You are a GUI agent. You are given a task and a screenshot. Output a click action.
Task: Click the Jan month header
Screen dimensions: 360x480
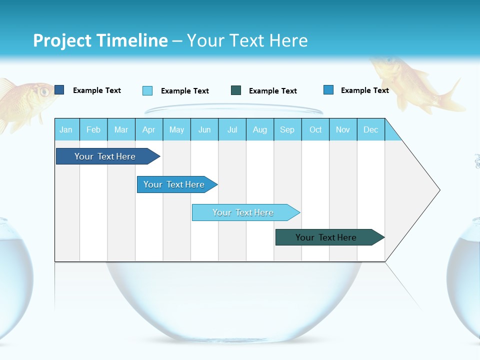[x=66, y=129]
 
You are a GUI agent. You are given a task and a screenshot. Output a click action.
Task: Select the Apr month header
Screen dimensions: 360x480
[x=148, y=129]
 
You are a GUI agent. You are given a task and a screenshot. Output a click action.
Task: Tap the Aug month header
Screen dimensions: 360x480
[x=259, y=129]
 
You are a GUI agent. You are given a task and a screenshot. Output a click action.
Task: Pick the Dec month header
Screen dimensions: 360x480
[x=370, y=129]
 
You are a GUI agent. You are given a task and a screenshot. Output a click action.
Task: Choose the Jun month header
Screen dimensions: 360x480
[x=204, y=129]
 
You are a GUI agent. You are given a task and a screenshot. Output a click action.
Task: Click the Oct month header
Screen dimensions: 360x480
[x=315, y=129]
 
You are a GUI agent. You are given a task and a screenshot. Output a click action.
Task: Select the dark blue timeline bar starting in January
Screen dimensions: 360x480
[x=105, y=156]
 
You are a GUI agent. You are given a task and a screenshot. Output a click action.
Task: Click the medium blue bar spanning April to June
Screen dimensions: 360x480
[x=174, y=184]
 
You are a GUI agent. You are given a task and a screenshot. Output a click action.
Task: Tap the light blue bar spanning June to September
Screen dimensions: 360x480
[x=243, y=212]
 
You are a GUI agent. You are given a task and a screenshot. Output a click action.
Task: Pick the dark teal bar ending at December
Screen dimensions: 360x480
[x=326, y=237]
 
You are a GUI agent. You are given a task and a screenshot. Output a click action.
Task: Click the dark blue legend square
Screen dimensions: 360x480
[x=59, y=90]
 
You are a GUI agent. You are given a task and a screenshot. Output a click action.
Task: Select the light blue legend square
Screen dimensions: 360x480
[x=147, y=90]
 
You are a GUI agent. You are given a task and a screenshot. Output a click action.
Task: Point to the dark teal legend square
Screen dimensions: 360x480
[x=236, y=90]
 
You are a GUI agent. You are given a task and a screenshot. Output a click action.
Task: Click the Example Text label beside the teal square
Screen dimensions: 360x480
[x=272, y=91]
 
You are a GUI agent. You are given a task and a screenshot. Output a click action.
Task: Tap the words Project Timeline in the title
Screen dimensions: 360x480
[x=100, y=40]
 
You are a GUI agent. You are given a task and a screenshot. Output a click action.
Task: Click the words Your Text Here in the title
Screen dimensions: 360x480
[x=247, y=40]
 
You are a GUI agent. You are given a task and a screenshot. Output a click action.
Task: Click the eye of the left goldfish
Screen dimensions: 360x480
[x=44, y=91]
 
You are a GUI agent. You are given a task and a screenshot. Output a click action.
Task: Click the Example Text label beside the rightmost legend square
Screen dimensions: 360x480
[x=364, y=90]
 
